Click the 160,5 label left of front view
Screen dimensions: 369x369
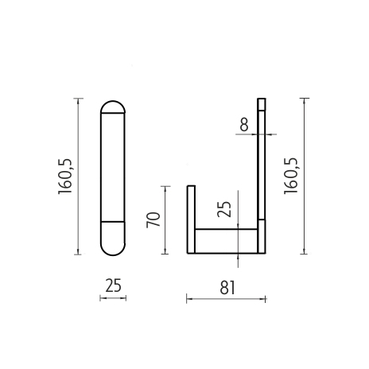point(65,177)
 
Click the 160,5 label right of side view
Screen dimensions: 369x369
point(291,176)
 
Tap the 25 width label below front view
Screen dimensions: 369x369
point(113,285)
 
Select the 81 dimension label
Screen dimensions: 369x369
point(227,288)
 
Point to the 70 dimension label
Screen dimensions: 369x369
point(153,219)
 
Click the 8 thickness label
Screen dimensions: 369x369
point(244,125)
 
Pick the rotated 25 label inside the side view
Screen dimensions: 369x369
point(224,209)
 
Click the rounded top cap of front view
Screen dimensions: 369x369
point(113,107)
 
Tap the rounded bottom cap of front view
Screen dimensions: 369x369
point(113,238)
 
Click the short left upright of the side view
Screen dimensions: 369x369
point(191,219)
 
